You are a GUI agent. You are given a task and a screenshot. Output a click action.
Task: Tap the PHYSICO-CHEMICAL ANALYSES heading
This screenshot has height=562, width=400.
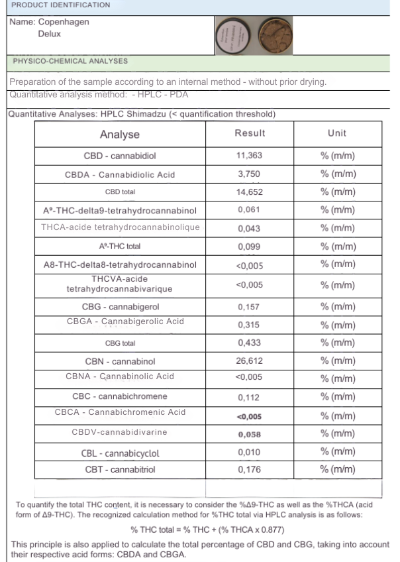click(x=70, y=61)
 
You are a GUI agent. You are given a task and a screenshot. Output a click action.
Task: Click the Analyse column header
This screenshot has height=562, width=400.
click(x=120, y=135)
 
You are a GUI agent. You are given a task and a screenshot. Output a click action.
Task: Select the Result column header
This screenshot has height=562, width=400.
click(x=250, y=133)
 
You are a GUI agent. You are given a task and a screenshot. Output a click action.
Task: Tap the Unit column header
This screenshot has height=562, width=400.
click(x=337, y=133)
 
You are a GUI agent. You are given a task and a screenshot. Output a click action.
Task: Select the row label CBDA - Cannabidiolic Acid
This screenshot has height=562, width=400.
click(x=120, y=175)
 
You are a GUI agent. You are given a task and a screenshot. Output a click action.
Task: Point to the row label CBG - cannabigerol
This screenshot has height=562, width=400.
click(x=121, y=307)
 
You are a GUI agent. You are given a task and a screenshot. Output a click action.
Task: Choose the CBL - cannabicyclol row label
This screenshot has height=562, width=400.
click(x=121, y=453)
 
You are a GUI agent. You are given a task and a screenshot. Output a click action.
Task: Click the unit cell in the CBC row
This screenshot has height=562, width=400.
click(x=338, y=398)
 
